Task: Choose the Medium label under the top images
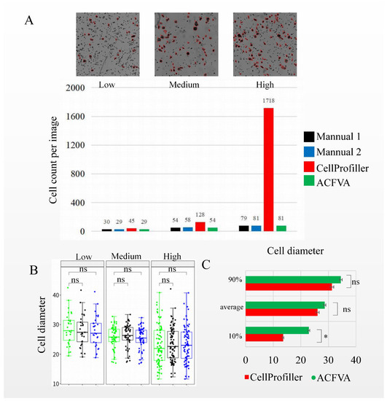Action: tap(184, 85)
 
